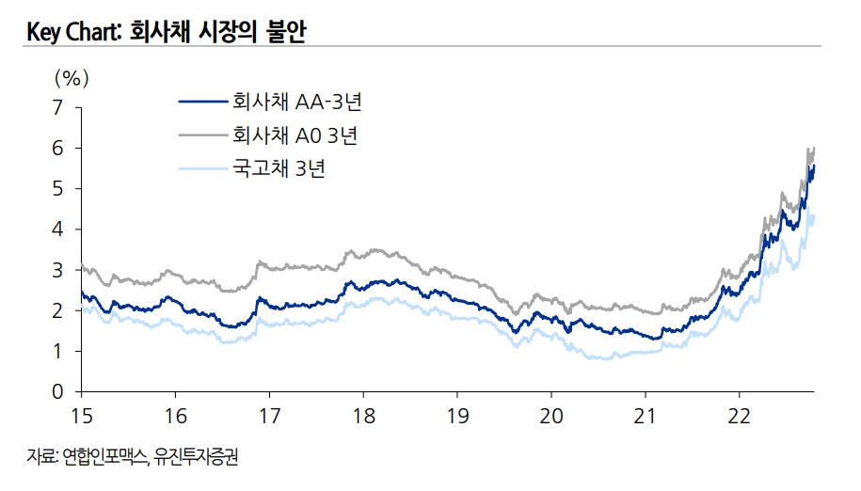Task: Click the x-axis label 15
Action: click(x=81, y=415)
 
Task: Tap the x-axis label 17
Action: click(x=269, y=415)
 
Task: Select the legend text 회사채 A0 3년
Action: click(x=295, y=135)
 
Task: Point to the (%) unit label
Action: click(x=72, y=74)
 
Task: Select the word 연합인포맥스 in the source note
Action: click(x=103, y=458)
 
